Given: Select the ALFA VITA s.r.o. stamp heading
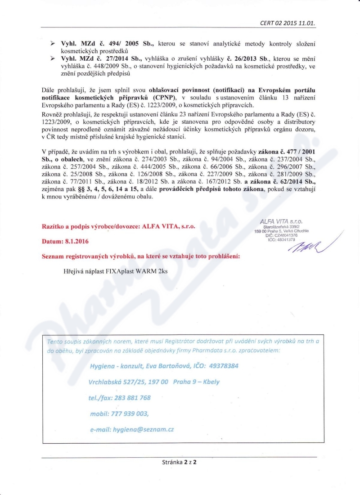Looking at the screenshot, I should [x=281, y=221].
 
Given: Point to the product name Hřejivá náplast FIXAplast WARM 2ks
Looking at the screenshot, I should [x=115, y=271].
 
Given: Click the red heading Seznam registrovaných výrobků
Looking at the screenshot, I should [x=95, y=256].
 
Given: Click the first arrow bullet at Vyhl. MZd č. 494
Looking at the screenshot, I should [x=52, y=43].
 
